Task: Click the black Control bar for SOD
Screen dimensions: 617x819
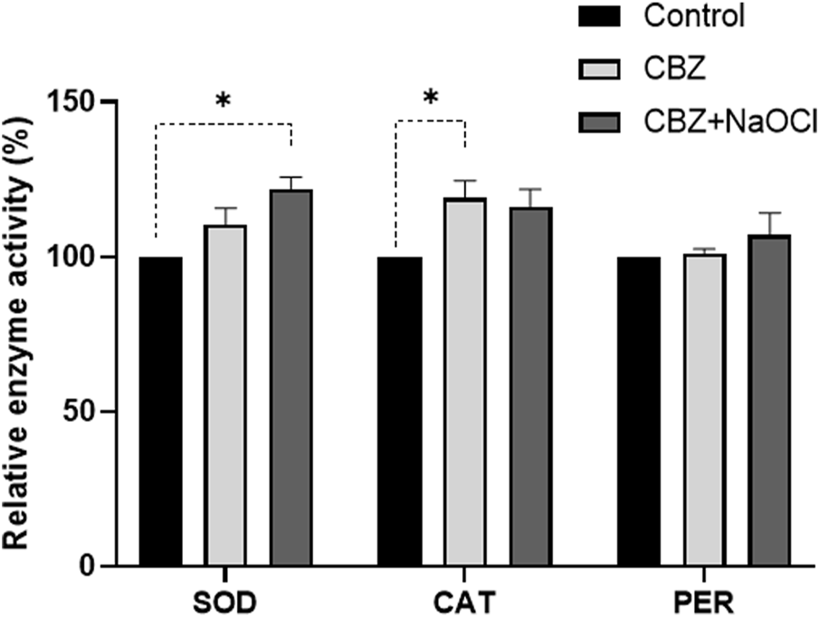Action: [x=160, y=412]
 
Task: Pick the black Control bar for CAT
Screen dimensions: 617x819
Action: [x=399, y=412]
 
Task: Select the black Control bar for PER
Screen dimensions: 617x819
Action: [x=638, y=412]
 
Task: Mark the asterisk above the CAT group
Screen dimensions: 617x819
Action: [x=431, y=99]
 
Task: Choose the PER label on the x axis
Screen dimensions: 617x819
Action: [x=703, y=602]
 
